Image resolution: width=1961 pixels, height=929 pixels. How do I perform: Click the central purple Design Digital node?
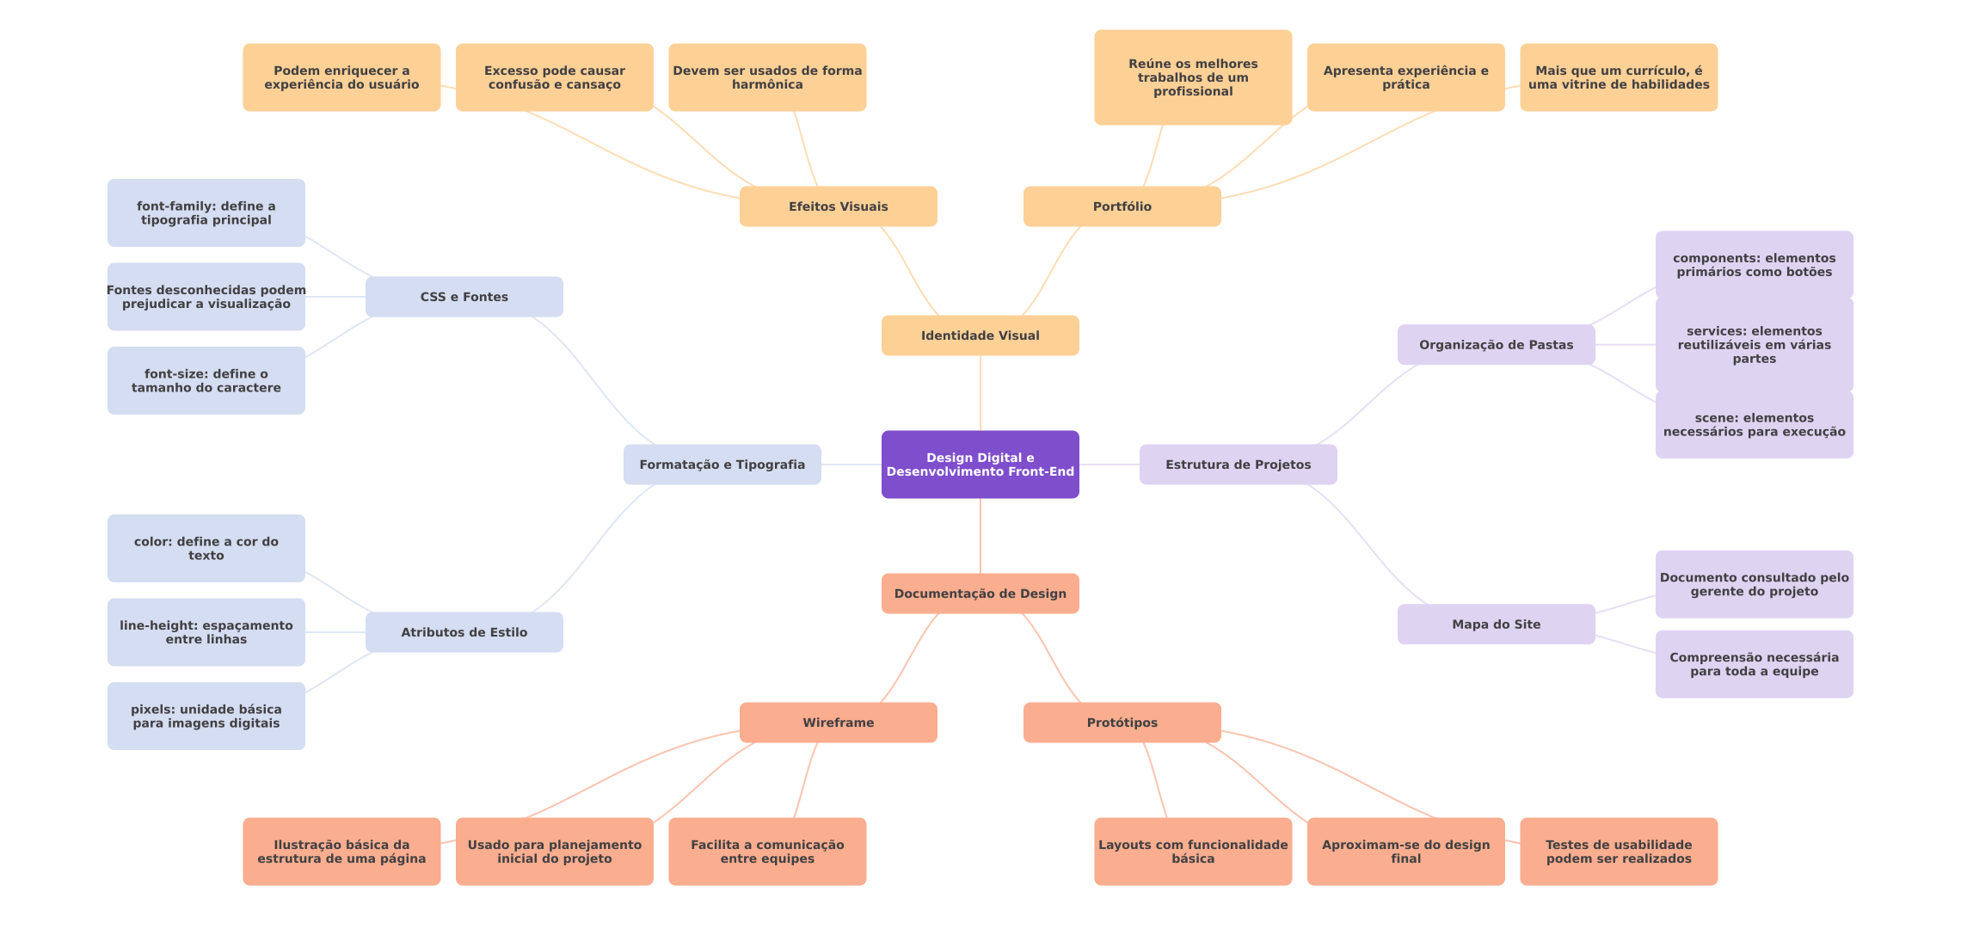click(x=980, y=464)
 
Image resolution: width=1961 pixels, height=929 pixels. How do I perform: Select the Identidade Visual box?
click(x=980, y=335)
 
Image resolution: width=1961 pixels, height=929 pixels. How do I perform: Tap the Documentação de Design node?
click(x=980, y=594)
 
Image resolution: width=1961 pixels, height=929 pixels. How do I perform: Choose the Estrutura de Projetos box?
click(x=1239, y=464)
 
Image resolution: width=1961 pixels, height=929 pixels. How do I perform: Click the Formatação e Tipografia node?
click(x=722, y=464)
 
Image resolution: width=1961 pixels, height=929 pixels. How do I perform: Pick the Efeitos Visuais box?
click(x=839, y=206)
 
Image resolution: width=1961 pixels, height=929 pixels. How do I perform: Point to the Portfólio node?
click(x=1122, y=206)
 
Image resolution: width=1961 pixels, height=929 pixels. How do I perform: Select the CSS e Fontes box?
click(x=464, y=297)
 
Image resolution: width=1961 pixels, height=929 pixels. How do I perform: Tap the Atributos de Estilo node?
click(x=464, y=632)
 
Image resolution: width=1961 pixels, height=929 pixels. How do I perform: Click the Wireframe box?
click(x=839, y=723)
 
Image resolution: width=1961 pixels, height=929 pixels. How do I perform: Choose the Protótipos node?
click(x=1122, y=723)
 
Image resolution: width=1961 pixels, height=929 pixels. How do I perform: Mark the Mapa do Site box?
click(x=1497, y=624)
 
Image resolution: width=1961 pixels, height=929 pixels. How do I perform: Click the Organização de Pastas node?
click(x=1497, y=345)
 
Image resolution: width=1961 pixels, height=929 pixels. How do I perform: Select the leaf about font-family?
click(x=206, y=213)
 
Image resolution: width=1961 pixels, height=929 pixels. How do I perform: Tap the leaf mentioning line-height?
click(x=206, y=632)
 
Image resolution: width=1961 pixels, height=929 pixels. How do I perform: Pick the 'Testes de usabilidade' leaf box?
click(x=1619, y=852)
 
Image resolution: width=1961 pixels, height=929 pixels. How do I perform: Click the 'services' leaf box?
click(x=1755, y=345)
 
